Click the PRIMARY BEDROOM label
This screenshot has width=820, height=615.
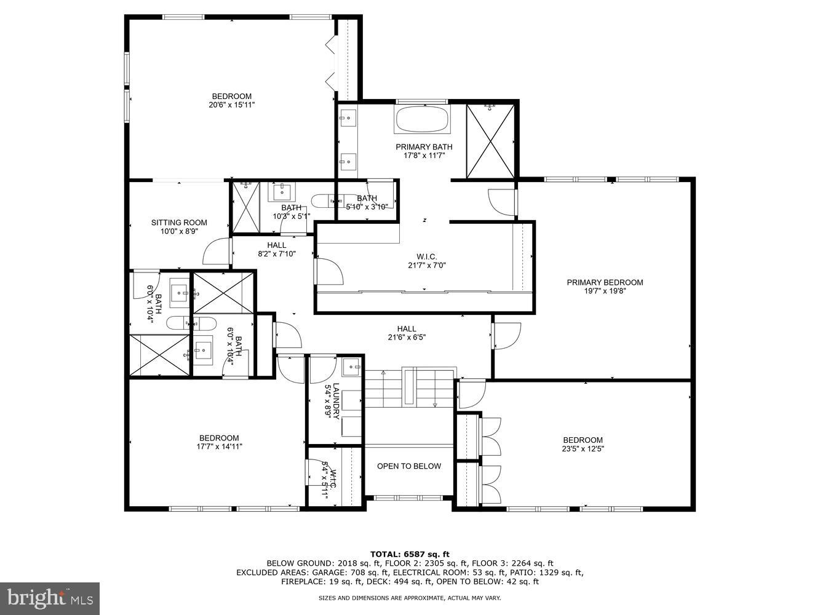605,282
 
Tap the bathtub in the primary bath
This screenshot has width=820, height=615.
421,119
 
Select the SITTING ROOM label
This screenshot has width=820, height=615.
179,223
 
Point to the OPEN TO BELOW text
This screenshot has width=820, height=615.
409,466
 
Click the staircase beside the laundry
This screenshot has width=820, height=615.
410,389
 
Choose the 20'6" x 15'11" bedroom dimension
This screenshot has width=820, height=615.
231,105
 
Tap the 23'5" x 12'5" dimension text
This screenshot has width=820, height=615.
583,449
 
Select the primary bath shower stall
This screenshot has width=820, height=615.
490,141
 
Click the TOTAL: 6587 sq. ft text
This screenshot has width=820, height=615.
410,553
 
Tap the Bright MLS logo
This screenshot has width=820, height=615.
50,597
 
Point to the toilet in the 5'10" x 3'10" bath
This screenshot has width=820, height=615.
321,200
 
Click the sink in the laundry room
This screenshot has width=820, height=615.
352,367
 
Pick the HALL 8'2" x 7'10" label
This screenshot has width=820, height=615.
277,249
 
